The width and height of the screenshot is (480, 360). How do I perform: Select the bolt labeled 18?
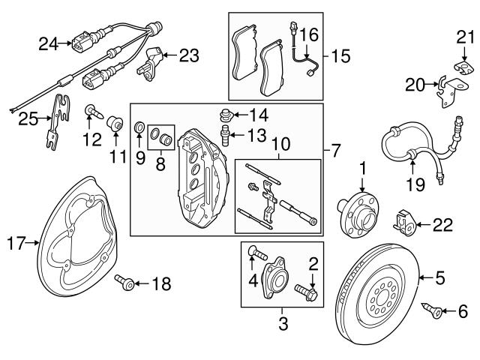[124, 283]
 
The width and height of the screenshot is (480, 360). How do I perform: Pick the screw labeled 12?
[92, 112]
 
